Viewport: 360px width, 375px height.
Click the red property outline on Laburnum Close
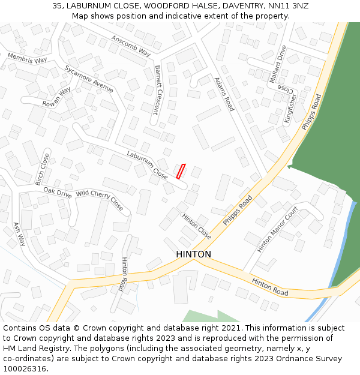181,171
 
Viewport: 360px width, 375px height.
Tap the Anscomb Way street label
131,45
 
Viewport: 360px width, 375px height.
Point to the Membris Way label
27,58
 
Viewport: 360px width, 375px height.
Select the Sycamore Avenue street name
89,79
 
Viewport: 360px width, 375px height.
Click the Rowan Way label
56,97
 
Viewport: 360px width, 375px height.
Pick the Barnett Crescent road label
157,90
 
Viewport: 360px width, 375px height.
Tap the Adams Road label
224,93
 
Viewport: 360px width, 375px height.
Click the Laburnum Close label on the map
147,164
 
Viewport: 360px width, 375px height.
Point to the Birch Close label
43,169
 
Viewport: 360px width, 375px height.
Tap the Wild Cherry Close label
100,200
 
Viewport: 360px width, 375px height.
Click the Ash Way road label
20,234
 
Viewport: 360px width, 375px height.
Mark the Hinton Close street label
196,226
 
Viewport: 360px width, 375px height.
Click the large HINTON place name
193,254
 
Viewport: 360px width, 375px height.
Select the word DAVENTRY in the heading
225,5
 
